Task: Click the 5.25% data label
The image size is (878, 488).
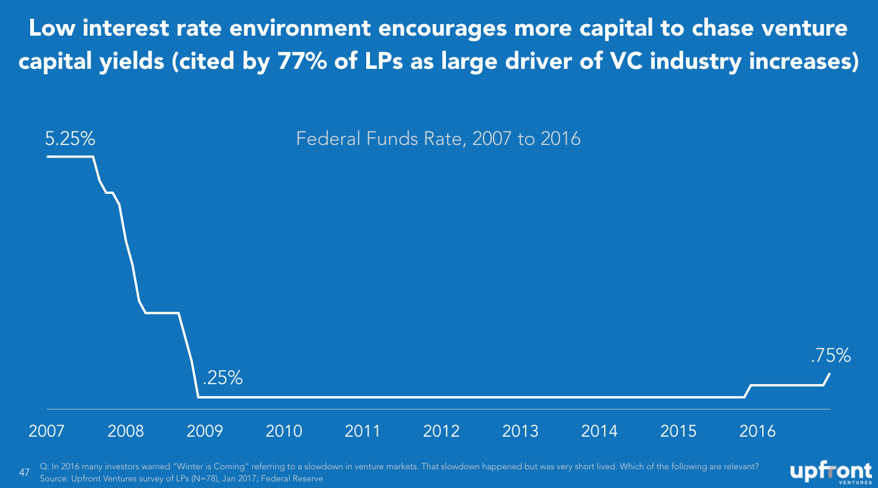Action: point(70,138)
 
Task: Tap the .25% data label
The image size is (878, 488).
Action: point(223,377)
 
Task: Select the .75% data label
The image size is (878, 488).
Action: point(830,355)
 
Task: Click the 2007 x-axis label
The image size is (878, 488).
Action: point(46,431)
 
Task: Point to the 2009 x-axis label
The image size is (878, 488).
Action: point(205,431)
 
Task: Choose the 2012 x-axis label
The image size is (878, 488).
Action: point(441,431)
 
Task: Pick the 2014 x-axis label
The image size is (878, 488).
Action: point(599,431)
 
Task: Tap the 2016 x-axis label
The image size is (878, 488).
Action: point(757,431)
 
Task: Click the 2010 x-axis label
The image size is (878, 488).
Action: point(284,431)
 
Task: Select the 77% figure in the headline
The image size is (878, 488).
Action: point(302,61)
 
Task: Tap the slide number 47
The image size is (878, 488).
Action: point(24,472)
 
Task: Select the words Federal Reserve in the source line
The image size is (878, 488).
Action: point(292,478)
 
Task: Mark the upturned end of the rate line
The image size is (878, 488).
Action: point(829,374)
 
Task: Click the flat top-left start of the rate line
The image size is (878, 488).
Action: point(48,156)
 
